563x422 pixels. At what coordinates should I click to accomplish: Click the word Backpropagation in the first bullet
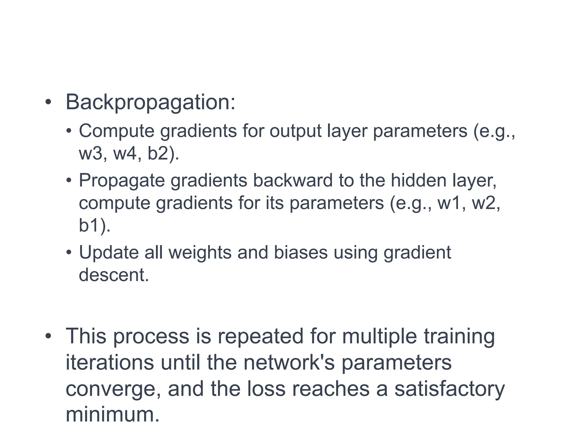click(150, 102)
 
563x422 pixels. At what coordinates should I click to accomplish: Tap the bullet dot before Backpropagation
click(48, 102)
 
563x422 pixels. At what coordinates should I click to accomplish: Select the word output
click(295, 131)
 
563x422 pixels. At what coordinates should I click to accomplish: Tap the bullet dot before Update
click(69, 252)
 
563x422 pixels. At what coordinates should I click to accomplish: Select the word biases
click(301, 252)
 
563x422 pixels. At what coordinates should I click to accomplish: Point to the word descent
click(114, 275)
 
